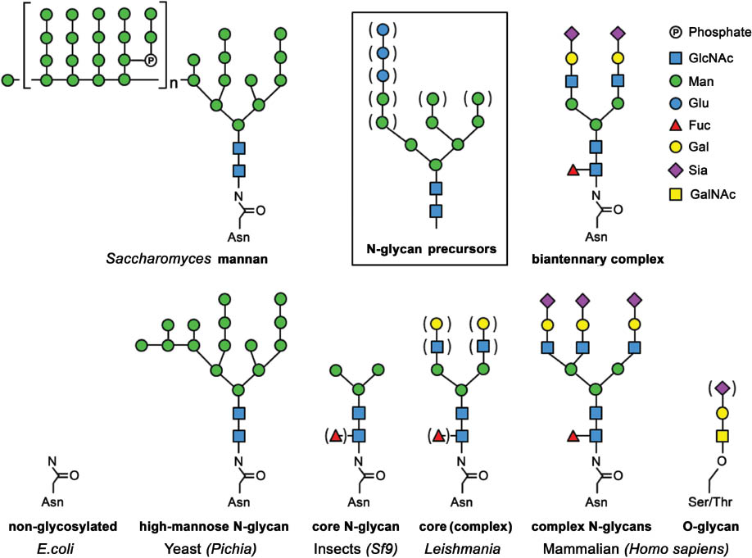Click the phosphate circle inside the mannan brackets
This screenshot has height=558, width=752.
(x=150, y=60)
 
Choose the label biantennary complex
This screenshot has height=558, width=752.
(x=598, y=259)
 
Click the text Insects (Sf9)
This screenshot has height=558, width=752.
(x=356, y=542)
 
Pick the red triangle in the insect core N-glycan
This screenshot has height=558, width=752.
(x=336, y=435)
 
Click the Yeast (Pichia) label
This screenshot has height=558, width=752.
(x=214, y=542)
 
